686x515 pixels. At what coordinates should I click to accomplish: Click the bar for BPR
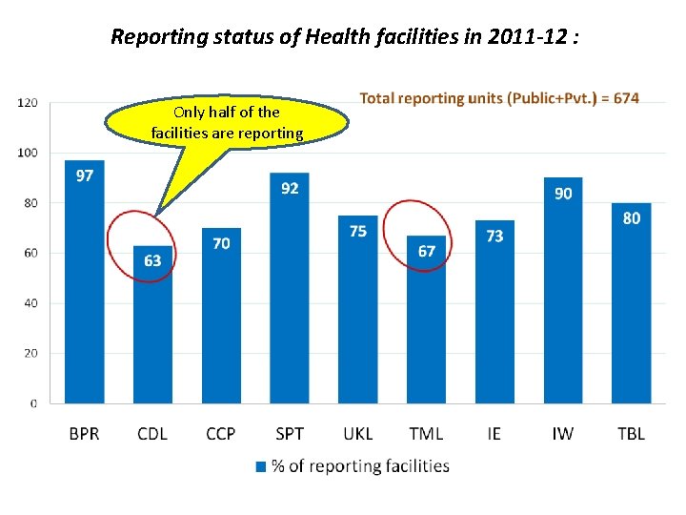[x=84, y=286]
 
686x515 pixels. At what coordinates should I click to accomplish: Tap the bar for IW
[x=562, y=296]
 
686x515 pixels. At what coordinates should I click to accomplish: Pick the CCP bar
[x=221, y=319]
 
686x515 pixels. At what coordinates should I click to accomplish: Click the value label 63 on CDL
[x=152, y=260]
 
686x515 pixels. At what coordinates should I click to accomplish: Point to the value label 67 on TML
[x=426, y=251]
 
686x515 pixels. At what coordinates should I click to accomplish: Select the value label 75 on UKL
[x=357, y=231]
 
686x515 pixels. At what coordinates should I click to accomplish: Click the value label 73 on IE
[x=494, y=236]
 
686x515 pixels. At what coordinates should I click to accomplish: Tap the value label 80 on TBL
[x=631, y=218]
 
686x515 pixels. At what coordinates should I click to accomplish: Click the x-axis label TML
[x=426, y=433]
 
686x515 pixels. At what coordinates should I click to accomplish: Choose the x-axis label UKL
[x=357, y=433]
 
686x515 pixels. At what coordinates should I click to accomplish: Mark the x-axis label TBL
[x=631, y=433]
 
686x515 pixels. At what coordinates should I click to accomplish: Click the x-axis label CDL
[x=152, y=433]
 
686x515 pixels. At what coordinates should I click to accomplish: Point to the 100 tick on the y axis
[x=29, y=153]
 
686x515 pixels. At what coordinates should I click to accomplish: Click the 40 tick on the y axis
[x=30, y=303]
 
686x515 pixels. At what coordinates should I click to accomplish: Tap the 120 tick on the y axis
[x=29, y=102]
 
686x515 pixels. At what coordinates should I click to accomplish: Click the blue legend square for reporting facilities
[x=261, y=466]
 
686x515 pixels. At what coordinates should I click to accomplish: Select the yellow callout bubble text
[x=227, y=123]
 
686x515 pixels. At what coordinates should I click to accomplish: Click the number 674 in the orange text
[x=624, y=98]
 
